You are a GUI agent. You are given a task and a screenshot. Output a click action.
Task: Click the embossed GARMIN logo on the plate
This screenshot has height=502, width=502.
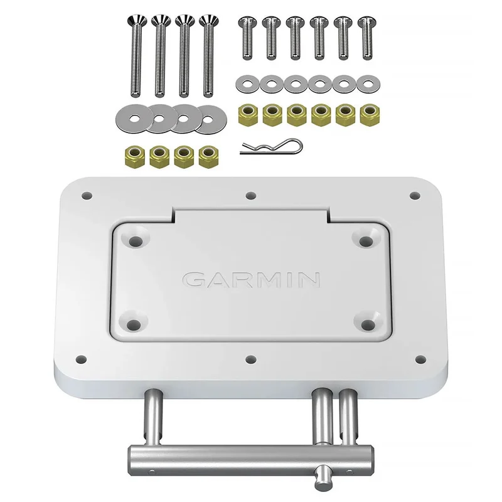252,279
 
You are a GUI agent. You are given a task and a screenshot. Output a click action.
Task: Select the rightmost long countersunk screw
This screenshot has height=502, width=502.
208,55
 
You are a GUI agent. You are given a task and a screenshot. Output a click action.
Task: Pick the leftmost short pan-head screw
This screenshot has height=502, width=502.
247,38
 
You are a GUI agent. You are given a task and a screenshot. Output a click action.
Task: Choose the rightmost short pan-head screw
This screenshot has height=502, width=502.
367,38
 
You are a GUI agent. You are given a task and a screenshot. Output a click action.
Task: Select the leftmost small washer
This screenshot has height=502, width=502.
247,84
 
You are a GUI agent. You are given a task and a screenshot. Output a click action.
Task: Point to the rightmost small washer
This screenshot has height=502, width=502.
368,84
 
